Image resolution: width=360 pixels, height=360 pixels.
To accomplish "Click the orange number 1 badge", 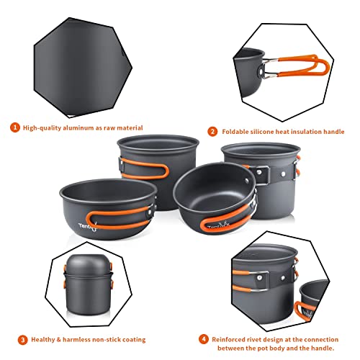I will tap(14, 127).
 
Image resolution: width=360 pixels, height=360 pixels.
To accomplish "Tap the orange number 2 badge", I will tap(212, 132).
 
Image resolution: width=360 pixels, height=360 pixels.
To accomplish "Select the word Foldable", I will tap(237, 132).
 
